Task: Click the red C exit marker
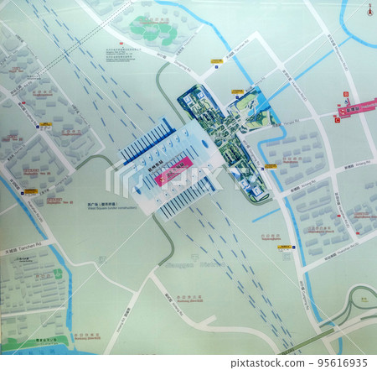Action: pos(337,120)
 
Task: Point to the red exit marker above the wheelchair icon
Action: pos(343,96)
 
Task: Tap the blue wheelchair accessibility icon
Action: pos(343,104)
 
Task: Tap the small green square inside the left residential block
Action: pos(59,274)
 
